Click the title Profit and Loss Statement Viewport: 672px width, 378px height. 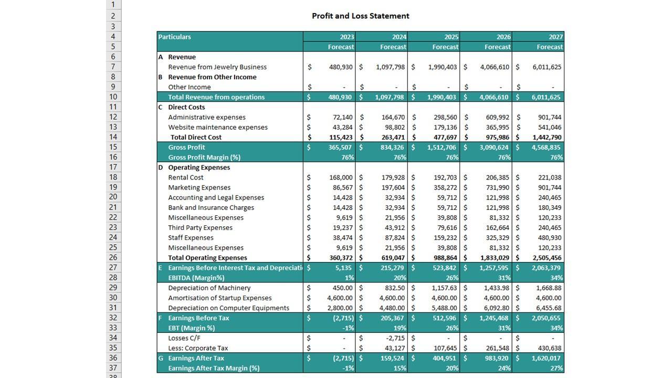(360, 16)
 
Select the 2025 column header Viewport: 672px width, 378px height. (451, 37)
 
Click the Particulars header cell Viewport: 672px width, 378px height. (175, 37)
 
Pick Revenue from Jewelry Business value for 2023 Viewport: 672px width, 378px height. (341, 67)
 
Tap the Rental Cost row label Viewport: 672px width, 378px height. (185, 177)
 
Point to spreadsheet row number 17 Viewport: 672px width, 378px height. (113, 167)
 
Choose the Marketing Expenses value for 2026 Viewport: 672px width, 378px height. (497, 187)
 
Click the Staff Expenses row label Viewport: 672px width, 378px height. (191, 238)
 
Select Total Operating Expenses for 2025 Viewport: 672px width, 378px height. (443, 258)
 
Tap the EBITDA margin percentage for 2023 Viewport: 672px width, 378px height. (349, 278)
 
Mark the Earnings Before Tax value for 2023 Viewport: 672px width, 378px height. (342, 318)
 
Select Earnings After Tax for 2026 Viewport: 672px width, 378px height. (497, 358)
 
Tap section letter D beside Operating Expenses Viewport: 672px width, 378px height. (161, 167)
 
